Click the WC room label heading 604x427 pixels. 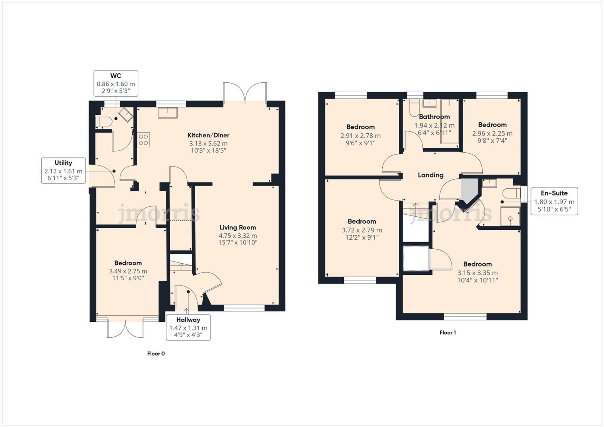coord(116,76)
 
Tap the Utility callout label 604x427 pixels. coord(63,163)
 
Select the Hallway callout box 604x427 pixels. coord(188,327)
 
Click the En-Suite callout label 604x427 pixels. coord(554,193)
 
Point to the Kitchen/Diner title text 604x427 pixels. coord(208,135)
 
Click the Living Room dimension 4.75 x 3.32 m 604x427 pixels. coord(238,235)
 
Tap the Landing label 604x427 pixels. coord(430,175)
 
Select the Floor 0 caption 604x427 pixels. coord(156,353)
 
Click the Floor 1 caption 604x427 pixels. coord(448,332)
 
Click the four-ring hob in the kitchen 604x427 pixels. coord(143,140)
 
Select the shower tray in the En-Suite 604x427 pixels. coord(510,216)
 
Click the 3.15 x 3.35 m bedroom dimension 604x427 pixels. coord(477,273)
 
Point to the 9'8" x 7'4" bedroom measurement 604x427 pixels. coord(492,141)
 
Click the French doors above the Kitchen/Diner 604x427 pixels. coord(245,92)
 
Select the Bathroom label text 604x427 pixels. coord(434,117)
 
